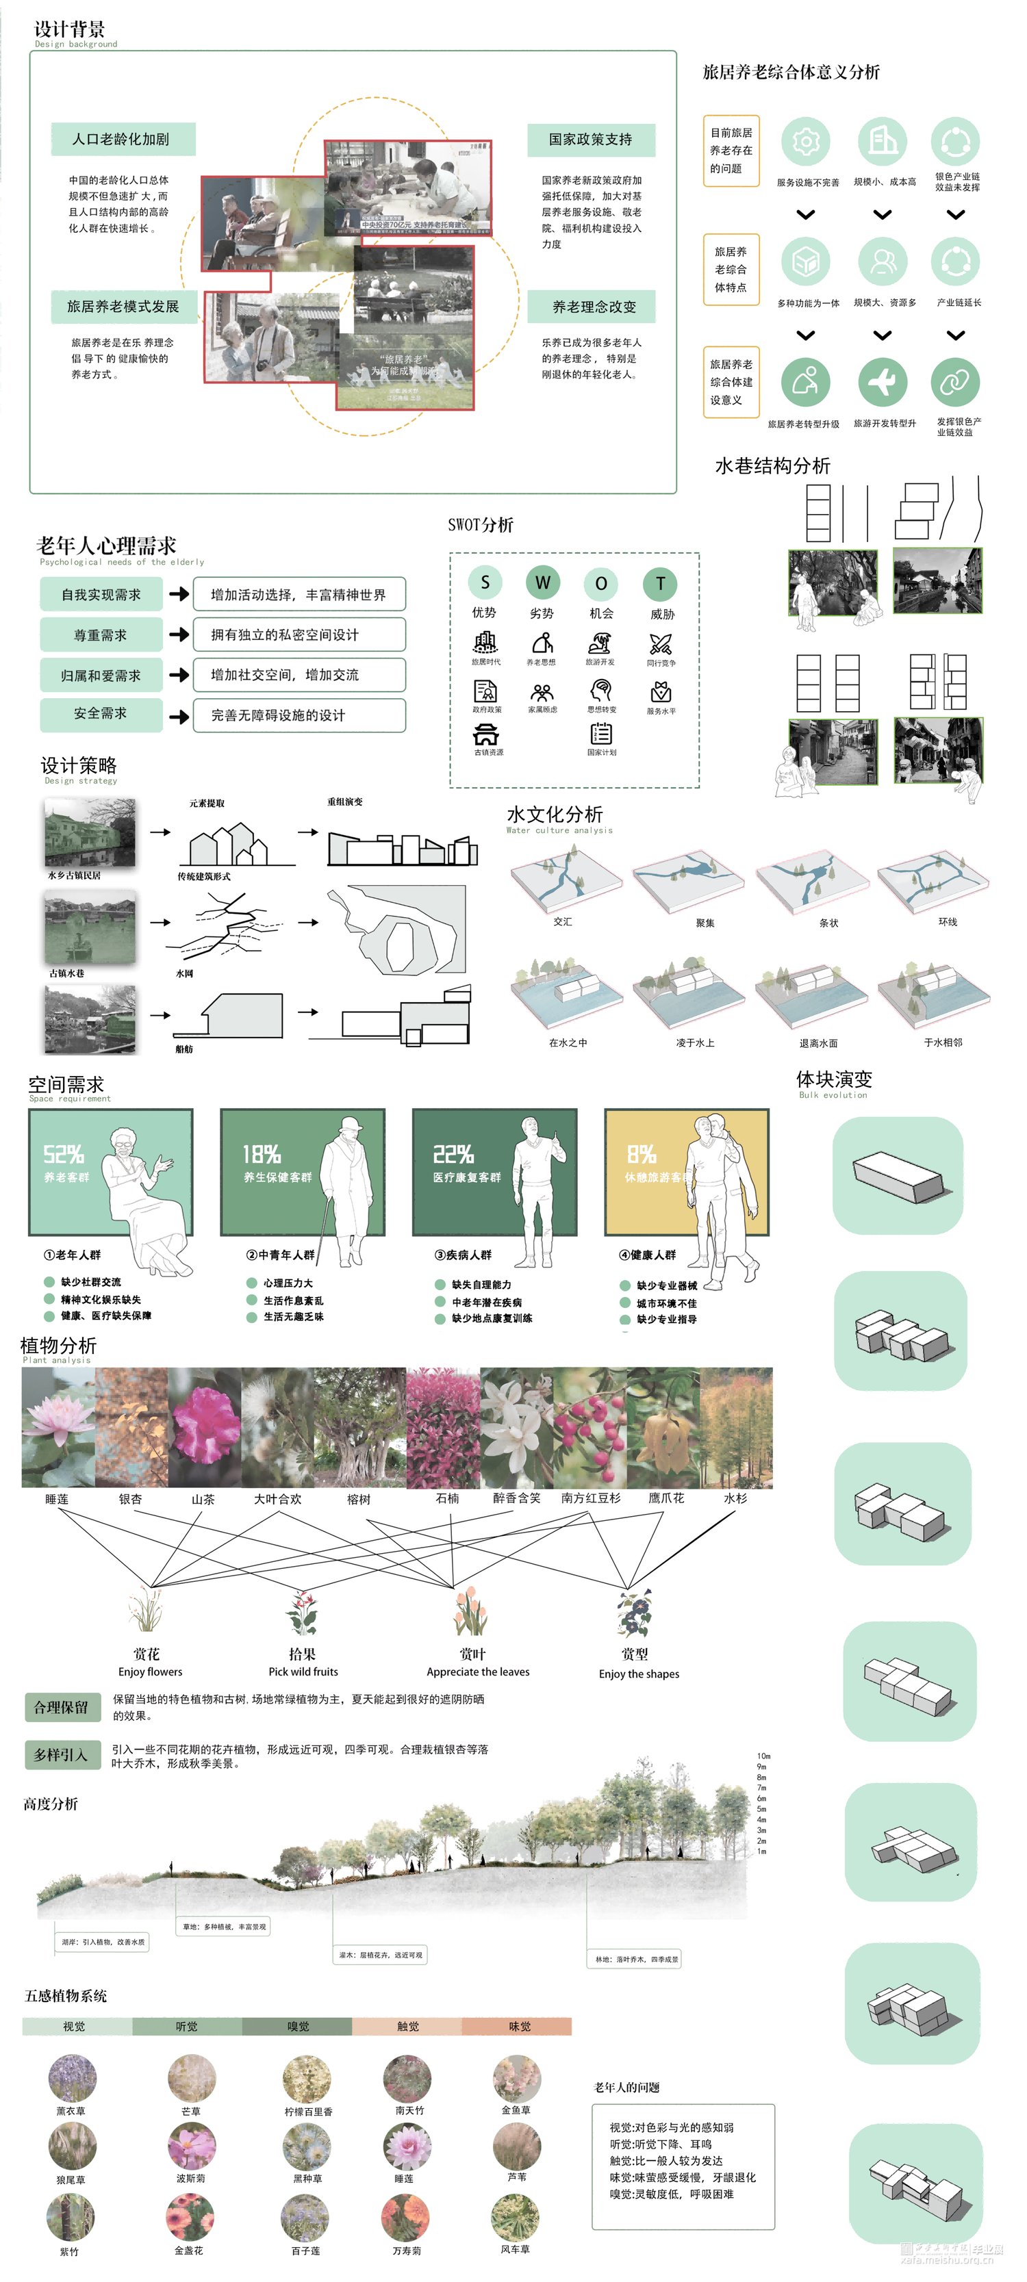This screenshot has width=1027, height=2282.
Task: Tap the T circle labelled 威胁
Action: (x=660, y=583)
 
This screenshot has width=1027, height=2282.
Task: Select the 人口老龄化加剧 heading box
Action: (x=121, y=139)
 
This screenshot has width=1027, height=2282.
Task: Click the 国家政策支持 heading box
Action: (x=590, y=139)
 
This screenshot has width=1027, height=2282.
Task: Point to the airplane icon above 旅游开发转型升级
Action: (x=882, y=382)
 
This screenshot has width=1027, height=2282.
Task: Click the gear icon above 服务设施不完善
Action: (x=805, y=141)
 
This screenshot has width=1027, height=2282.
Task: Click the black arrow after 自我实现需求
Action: (x=179, y=593)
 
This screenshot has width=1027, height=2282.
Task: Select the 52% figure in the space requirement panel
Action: (x=64, y=1153)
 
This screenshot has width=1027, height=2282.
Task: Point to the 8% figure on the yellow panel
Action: (x=642, y=1153)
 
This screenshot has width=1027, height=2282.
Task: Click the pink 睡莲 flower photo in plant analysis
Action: (x=58, y=1426)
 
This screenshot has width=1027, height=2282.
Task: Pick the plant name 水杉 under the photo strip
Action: (x=735, y=1498)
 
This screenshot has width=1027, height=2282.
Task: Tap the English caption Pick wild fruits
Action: (x=303, y=1671)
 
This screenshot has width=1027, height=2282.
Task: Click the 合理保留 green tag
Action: (x=61, y=1707)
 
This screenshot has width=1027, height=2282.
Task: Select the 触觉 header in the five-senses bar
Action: (x=407, y=2026)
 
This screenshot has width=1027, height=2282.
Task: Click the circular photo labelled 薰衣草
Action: (x=72, y=2077)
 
